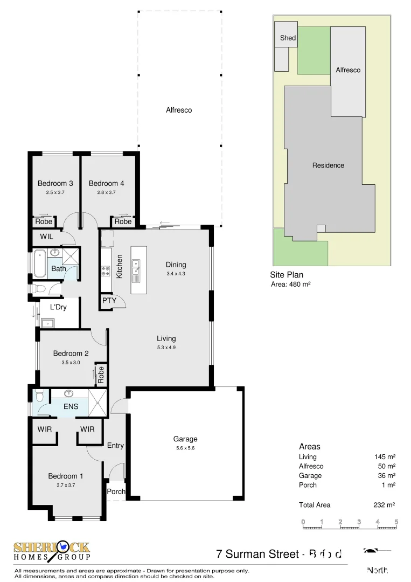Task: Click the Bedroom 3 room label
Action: (x=55, y=183)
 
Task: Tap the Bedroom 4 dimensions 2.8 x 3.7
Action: (x=107, y=192)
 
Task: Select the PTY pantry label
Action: (x=109, y=300)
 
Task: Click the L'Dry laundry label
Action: (x=58, y=307)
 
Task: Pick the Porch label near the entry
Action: (x=116, y=491)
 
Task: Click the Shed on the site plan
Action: (x=288, y=38)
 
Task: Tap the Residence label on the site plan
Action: (x=328, y=165)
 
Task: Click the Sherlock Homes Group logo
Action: (x=52, y=551)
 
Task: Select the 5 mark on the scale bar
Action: (x=396, y=522)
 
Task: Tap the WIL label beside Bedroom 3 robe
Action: (x=47, y=236)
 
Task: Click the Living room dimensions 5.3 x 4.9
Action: (x=166, y=348)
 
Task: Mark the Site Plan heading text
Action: (x=287, y=275)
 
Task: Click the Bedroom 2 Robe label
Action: (x=100, y=375)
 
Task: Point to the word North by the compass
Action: (x=377, y=570)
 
